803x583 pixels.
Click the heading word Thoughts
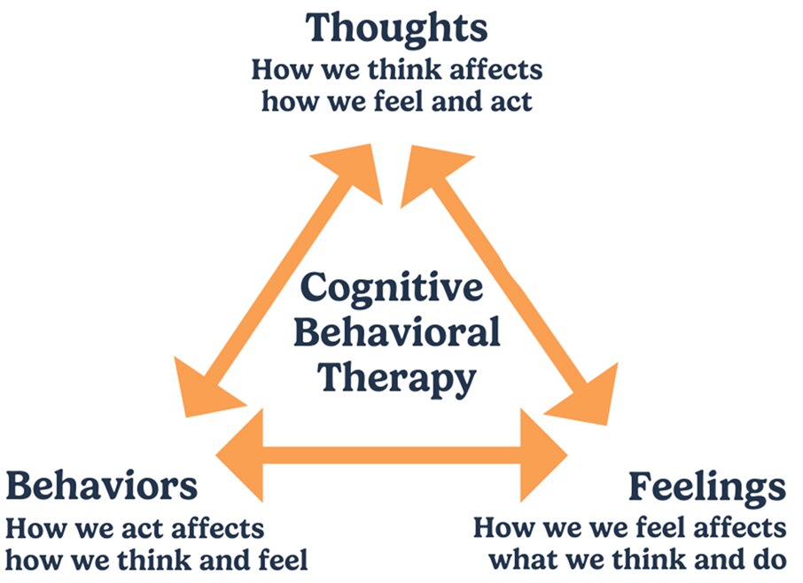click(x=396, y=28)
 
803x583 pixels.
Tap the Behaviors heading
click(x=102, y=486)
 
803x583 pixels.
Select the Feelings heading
click(x=707, y=486)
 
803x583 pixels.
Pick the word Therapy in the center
click(x=396, y=378)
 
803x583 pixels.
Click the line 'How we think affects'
click(x=396, y=69)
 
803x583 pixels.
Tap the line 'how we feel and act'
click(x=396, y=100)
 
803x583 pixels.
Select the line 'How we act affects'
click(x=135, y=529)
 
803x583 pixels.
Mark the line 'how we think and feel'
click(x=157, y=560)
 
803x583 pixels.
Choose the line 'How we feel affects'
click(x=629, y=529)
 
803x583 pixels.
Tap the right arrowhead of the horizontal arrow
click(x=545, y=455)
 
